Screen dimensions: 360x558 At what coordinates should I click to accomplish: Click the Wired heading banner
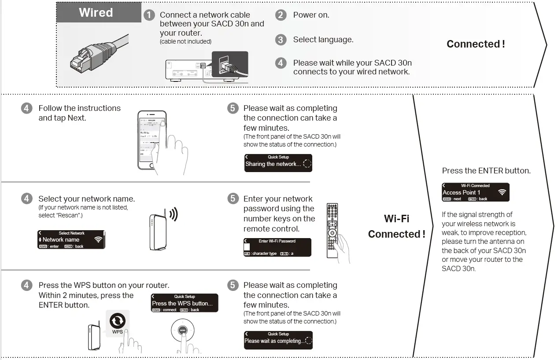click(x=96, y=13)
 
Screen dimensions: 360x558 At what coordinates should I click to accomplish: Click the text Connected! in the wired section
click(x=476, y=44)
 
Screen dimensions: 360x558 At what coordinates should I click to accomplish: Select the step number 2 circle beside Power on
click(x=281, y=15)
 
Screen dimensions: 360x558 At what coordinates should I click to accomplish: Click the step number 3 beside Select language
click(x=281, y=40)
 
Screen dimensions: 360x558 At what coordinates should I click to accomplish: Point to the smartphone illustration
click(x=152, y=140)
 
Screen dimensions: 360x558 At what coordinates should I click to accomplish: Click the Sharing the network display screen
click(x=278, y=163)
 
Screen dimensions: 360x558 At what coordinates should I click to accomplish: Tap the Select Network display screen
click(x=71, y=239)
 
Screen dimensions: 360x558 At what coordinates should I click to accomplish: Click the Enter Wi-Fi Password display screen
click(x=277, y=247)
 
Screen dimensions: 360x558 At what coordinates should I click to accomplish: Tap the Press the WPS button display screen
click(x=185, y=303)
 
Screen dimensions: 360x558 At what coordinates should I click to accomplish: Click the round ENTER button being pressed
click(x=182, y=331)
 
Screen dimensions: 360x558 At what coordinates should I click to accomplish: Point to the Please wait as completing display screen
click(x=278, y=340)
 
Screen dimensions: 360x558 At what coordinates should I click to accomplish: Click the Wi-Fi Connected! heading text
click(x=396, y=226)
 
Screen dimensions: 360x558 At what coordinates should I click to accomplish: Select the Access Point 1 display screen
click(x=475, y=192)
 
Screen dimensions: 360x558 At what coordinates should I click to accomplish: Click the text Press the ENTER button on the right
click(x=486, y=171)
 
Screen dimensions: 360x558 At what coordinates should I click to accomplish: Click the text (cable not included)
click(x=185, y=42)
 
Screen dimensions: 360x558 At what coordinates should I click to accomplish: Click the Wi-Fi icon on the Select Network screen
click(x=98, y=240)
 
